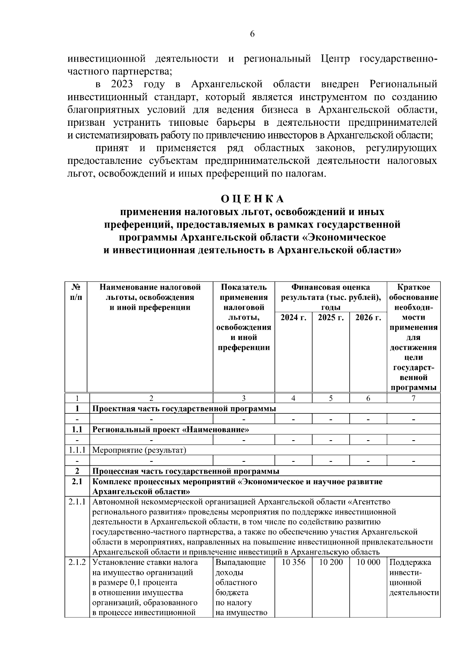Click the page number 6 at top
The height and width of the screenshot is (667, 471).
[252, 34]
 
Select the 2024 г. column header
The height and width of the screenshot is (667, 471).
[293, 318]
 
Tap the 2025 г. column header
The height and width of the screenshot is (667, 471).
[330, 318]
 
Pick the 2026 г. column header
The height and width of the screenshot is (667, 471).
[368, 318]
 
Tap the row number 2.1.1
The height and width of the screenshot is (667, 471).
[77, 502]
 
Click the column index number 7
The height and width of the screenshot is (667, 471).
[413, 398]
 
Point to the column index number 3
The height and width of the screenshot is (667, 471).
[243, 398]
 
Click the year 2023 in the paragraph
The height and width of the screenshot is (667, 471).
[121, 85]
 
